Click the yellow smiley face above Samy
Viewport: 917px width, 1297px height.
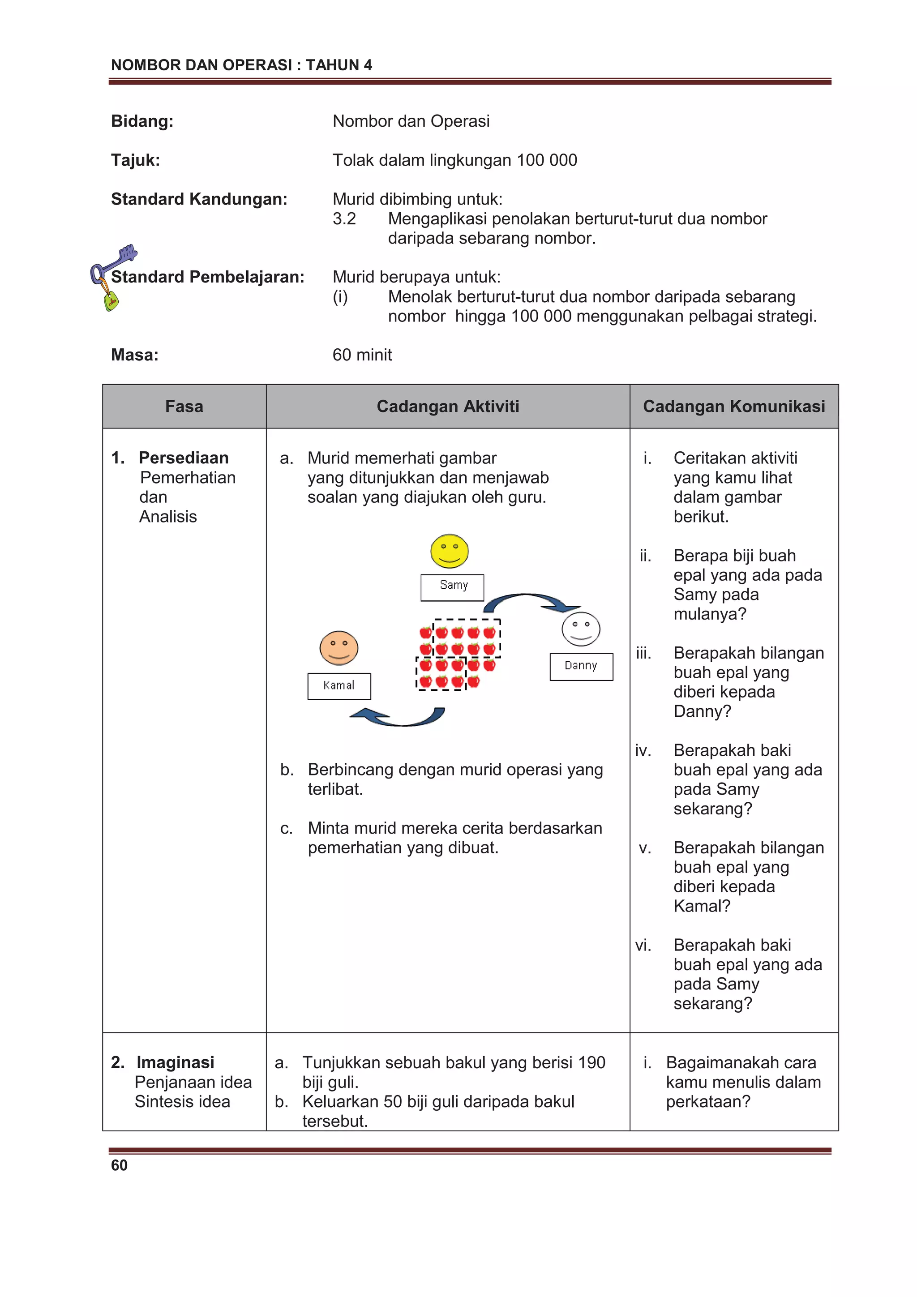tap(449, 551)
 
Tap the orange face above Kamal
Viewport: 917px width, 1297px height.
tap(339, 648)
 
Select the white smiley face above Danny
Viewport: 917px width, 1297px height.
tap(580, 629)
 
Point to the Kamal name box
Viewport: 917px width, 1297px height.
tap(339, 686)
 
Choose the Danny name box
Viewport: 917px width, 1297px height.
tap(581, 666)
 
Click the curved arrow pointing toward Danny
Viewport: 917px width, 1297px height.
tap(528, 602)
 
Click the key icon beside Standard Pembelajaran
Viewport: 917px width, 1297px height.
tap(112, 276)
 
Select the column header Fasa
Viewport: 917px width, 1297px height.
tap(184, 406)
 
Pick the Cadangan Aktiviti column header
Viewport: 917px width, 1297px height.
tap(447, 406)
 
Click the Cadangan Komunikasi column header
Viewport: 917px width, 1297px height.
tap(733, 406)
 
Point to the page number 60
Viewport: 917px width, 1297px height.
tap(119, 1165)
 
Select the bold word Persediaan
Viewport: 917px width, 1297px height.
tap(184, 458)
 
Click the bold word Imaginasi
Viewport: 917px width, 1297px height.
tap(175, 1062)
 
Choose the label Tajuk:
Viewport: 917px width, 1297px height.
tap(135, 160)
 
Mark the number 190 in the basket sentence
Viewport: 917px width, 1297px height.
tap(591, 1062)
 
